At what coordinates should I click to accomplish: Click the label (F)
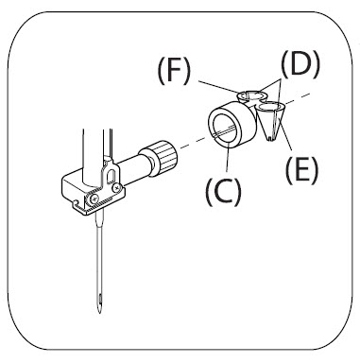click(174, 71)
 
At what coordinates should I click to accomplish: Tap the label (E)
click(301, 170)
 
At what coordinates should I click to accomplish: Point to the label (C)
click(223, 191)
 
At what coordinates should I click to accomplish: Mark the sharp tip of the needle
click(100, 313)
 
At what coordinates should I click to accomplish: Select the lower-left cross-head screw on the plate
click(94, 199)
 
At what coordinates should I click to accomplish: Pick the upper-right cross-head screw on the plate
click(117, 187)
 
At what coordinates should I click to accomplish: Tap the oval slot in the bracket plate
click(111, 176)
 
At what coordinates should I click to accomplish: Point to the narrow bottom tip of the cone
click(271, 139)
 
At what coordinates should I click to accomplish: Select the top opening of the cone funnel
click(270, 108)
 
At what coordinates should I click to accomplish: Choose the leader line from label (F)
click(220, 87)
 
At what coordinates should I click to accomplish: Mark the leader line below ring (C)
click(228, 160)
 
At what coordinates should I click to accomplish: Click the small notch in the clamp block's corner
click(76, 202)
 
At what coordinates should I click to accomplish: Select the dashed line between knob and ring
click(194, 143)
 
